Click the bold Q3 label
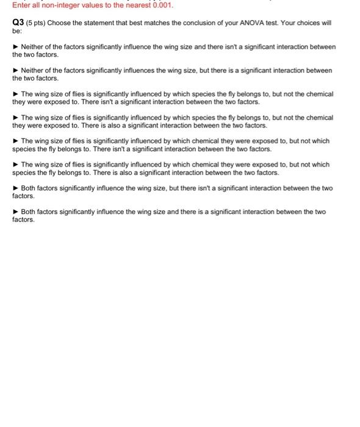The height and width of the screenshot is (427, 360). tap(18, 23)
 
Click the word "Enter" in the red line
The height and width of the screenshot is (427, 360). tap(21, 6)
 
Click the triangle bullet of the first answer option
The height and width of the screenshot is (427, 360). tap(16, 47)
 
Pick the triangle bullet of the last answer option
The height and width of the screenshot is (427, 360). tap(16, 212)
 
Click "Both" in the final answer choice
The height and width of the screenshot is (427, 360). tap(29, 212)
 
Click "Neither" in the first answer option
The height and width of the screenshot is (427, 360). tap(33, 47)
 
